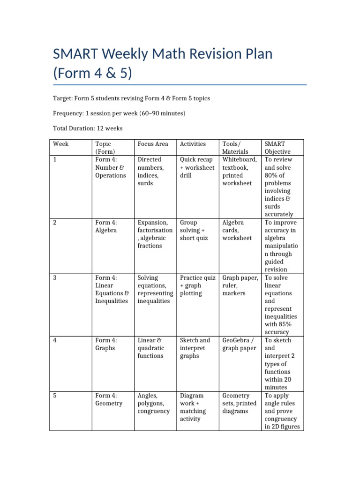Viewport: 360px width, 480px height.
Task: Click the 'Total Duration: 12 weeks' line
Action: click(x=88, y=127)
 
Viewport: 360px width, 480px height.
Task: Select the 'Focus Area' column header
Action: click(x=153, y=144)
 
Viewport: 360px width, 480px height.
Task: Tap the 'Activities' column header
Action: click(x=193, y=144)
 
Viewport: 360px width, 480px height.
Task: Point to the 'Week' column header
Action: click(x=61, y=144)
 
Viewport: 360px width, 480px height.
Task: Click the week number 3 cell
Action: click(x=55, y=278)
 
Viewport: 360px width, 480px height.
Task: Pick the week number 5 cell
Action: click(x=55, y=396)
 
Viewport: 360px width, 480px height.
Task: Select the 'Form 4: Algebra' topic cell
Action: click(x=107, y=226)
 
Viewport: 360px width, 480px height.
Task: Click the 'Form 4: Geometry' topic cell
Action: click(x=109, y=399)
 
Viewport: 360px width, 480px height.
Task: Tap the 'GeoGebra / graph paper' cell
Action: click(x=239, y=344)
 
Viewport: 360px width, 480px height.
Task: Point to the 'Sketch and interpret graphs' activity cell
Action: click(x=195, y=348)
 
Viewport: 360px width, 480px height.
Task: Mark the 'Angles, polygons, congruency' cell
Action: click(x=153, y=403)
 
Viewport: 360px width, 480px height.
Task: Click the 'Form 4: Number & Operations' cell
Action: click(x=110, y=167)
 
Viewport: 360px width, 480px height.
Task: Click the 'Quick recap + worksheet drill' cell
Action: click(x=197, y=167)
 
